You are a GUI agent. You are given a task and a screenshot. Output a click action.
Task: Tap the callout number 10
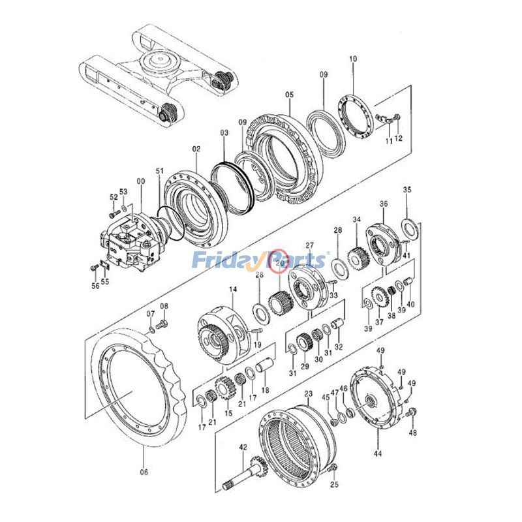(x=353, y=59)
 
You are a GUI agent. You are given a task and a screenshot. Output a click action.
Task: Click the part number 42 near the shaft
(x=243, y=448)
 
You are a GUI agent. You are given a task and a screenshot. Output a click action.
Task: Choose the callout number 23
(x=309, y=394)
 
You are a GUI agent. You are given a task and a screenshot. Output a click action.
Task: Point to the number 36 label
(x=384, y=204)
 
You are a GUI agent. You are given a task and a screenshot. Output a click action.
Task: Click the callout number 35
(x=407, y=190)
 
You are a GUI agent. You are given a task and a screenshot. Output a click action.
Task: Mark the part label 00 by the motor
(x=140, y=181)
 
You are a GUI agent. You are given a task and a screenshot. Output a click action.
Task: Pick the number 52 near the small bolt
(x=114, y=196)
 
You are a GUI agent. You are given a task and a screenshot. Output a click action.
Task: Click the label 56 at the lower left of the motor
(x=95, y=285)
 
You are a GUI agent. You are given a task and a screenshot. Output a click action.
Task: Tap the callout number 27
(x=309, y=245)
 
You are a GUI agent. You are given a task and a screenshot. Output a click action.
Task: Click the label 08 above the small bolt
(x=164, y=306)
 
